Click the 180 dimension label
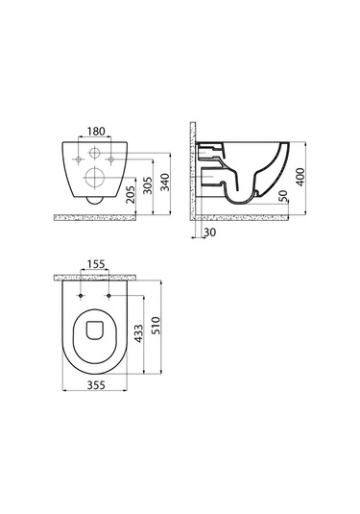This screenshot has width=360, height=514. [96, 132]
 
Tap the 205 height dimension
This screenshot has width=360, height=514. [131, 195]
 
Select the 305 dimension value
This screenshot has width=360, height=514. [148, 185]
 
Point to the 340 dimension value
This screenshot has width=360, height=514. [166, 183]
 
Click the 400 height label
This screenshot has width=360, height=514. [300, 177]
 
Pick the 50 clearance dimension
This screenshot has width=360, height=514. [283, 196]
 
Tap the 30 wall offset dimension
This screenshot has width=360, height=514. [210, 233]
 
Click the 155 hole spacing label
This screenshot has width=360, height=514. [96, 263]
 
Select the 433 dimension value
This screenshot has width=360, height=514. [139, 333]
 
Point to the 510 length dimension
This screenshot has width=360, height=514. [156, 326]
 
